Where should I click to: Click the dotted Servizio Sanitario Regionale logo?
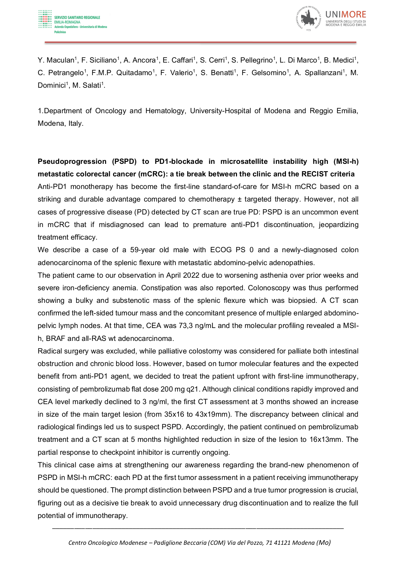[45, 19]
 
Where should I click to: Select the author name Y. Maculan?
[56, 60]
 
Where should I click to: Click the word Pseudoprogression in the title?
[72, 162]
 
